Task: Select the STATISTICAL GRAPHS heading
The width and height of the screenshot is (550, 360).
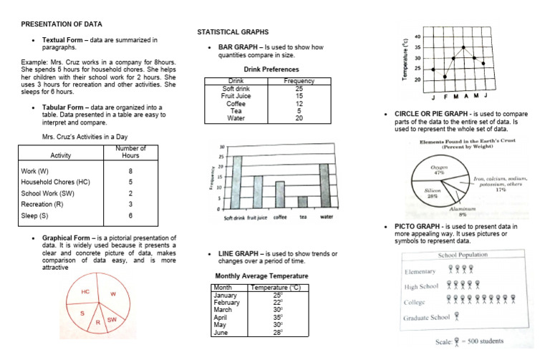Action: point(233,32)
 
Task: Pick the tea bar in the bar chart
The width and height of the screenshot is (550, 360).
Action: point(303,202)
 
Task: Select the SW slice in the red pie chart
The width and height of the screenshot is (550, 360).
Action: point(111,319)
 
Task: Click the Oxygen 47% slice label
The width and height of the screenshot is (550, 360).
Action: point(439,170)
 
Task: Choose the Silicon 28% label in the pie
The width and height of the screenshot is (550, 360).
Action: point(432,193)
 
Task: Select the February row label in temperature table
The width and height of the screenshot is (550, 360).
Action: point(226,302)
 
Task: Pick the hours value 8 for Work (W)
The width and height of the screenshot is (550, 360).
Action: point(130,171)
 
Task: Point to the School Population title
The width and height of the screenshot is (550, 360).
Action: point(461,256)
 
